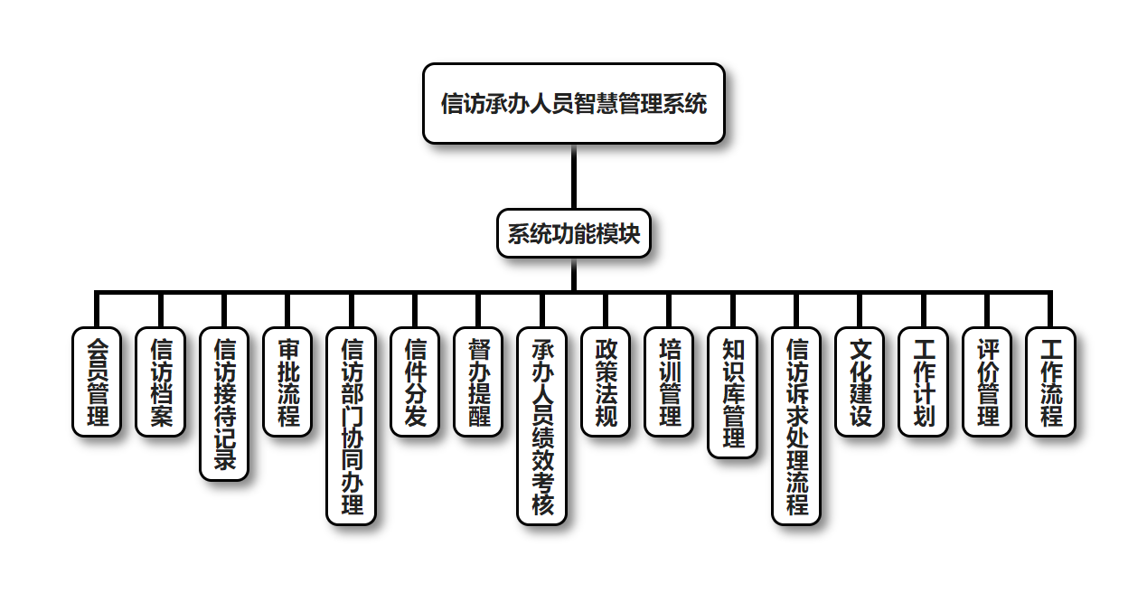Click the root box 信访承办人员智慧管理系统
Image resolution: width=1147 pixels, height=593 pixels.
tap(573, 103)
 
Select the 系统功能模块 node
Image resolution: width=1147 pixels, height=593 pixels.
tap(573, 234)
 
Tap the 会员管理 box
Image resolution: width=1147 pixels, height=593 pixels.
tap(96, 381)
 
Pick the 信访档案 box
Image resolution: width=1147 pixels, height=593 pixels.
tap(160, 381)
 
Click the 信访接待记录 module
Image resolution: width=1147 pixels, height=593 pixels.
tap(223, 403)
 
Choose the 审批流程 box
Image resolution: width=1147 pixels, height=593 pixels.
tap(287, 381)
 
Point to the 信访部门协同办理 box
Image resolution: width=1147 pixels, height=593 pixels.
tap(351, 425)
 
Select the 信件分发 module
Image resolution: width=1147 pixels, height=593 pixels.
tap(415, 381)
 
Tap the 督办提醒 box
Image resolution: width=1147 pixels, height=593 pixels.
tap(478, 381)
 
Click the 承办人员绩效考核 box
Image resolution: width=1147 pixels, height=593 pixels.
tap(541, 425)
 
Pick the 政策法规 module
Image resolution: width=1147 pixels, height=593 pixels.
tap(606, 381)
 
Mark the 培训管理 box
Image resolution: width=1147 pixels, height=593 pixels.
tap(669, 381)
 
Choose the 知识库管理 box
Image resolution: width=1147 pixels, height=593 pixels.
tap(732, 392)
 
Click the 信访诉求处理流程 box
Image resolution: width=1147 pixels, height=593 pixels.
tap(796, 425)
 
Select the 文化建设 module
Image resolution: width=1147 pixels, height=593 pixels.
tap(860, 381)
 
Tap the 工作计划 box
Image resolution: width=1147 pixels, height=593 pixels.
tap(924, 381)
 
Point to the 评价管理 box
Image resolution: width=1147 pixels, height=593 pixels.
tap(987, 381)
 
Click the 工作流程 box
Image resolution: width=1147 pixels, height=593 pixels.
tap(1050, 381)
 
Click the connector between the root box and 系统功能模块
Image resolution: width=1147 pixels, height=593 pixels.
tap(573, 177)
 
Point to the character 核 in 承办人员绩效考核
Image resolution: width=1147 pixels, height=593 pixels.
tap(541, 504)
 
